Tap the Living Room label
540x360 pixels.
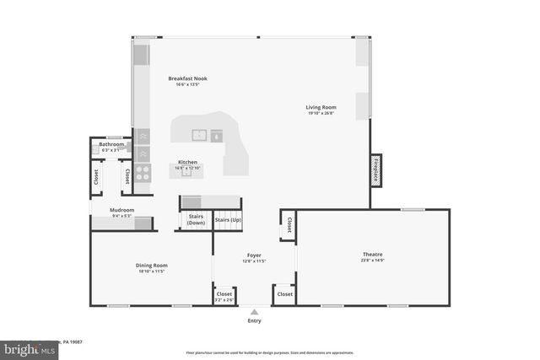[x=321, y=107]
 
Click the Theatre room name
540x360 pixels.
[x=372, y=254]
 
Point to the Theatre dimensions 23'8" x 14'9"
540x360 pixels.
[x=372, y=260]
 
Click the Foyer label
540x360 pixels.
[x=254, y=255]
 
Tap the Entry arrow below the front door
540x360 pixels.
[x=254, y=311]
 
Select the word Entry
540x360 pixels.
[x=254, y=320]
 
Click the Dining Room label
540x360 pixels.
[x=152, y=266]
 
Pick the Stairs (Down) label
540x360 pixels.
[x=197, y=219]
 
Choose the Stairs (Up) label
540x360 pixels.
[x=227, y=219]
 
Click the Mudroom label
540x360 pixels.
[x=122, y=210]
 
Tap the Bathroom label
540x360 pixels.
[x=111, y=144]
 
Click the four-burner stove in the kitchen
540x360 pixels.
[x=143, y=173]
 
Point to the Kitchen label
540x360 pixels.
[x=187, y=162]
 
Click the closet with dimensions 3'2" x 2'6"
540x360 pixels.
[x=224, y=295]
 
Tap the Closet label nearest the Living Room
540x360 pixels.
[x=289, y=225]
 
